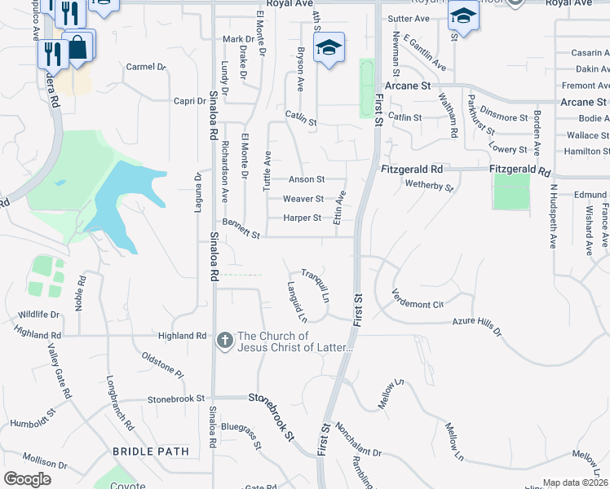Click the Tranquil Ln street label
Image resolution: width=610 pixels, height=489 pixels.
315,285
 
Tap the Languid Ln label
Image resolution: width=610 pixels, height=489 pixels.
296,301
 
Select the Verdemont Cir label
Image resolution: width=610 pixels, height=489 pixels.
417,299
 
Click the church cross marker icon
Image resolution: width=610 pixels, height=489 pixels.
225,341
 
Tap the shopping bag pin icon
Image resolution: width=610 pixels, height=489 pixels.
78,46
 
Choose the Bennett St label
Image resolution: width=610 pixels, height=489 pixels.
241,228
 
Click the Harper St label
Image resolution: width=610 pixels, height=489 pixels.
303,218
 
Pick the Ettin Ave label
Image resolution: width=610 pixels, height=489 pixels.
342,206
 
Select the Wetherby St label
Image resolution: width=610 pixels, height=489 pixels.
429,186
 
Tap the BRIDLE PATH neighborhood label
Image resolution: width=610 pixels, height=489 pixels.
151,451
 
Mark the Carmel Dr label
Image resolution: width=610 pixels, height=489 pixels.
145,67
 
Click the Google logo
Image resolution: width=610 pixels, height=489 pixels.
27,478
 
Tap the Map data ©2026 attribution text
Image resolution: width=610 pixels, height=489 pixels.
576,482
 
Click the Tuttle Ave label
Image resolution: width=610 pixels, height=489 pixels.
266,170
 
